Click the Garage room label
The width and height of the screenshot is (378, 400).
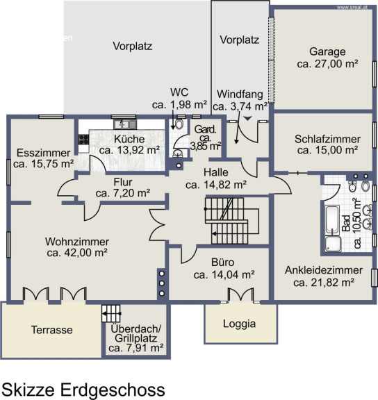(327, 52)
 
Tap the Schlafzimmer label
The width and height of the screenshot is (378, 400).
(327, 140)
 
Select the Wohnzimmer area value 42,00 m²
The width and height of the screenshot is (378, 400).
(77, 253)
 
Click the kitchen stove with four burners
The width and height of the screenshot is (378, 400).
(83, 140)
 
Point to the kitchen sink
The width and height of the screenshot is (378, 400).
(125, 124)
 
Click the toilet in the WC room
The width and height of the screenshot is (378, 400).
(180, 124)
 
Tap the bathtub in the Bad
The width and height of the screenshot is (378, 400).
(332, 220)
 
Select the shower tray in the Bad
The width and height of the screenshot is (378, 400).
(333, 244)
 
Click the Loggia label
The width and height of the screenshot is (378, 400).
(240, 324)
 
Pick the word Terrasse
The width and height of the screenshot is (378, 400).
(52, 330)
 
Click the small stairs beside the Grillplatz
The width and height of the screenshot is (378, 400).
(111, 313)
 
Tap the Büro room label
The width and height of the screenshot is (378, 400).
(223, 262)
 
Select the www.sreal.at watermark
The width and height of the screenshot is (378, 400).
(352, 8)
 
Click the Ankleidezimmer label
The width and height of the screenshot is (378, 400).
(324, 270)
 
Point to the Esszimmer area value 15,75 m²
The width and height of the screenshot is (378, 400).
(43, 163)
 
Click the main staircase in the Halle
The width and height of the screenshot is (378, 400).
(227, 221)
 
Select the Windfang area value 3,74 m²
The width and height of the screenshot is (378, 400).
(240, 106)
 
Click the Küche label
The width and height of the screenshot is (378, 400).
(129, 140)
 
